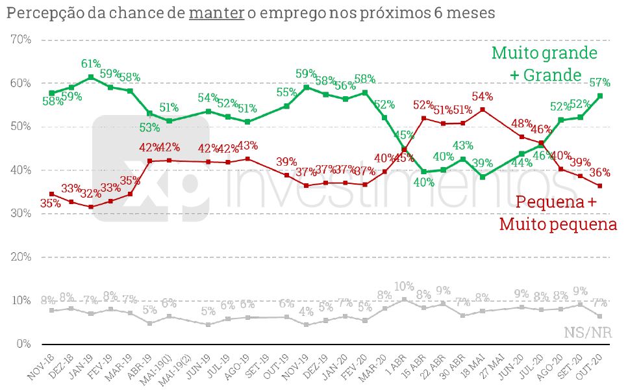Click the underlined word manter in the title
[x=216, y=12]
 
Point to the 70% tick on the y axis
[x=21, y=40]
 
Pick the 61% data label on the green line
[x=91, y=64]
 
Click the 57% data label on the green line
[x=599, y=83]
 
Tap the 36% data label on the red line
[x=599, y=173]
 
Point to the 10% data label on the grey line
[x=404, y=287]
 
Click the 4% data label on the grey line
[x=305, y=311]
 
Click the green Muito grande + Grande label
[x=544, y=64]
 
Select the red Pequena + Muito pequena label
[x=557, y=213]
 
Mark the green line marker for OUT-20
[x=599, y=96]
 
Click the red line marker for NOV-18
[x=52, y=194]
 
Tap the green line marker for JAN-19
[x=91, y=77]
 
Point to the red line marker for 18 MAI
[x=483, y=109]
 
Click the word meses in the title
[x=468, y=12]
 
